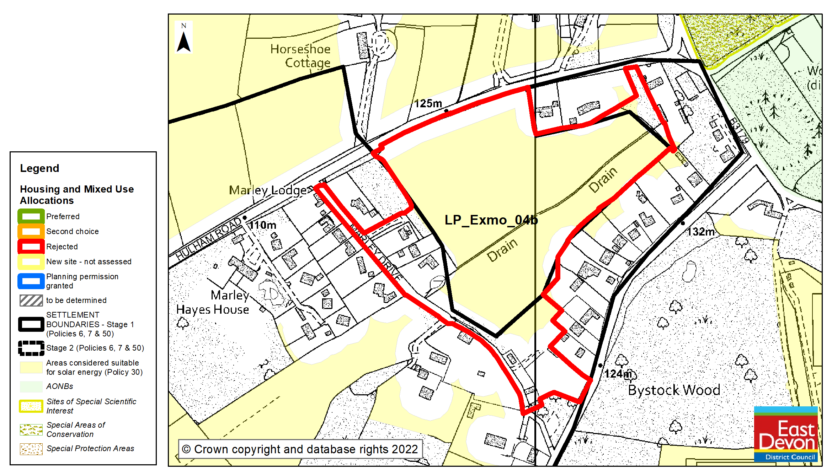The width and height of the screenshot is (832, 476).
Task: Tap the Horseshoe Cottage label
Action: click(301, 56)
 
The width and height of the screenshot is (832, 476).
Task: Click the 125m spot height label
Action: click(428, 103)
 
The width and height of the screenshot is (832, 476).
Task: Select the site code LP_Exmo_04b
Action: click(491, 220)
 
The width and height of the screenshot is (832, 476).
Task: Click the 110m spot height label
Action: click(262, 225)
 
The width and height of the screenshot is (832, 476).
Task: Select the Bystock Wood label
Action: click(674, 390)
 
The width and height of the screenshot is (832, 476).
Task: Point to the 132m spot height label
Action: click(700, 232)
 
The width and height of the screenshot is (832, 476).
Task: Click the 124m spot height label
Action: click(618, 374)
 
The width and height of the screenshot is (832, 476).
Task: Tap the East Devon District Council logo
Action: click(786, 434)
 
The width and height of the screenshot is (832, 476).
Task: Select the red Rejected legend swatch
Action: click(31, 247)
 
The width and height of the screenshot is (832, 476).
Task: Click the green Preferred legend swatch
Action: click(31, 216)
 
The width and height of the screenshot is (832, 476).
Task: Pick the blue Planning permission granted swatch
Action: click(31, 281)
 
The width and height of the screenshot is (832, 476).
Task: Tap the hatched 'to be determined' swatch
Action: click(31, 301)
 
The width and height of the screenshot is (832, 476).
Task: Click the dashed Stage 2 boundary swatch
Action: click(31, 348)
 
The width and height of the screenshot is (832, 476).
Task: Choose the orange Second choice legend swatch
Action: click(31, 231)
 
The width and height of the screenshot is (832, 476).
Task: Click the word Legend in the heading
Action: click(39, 168)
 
